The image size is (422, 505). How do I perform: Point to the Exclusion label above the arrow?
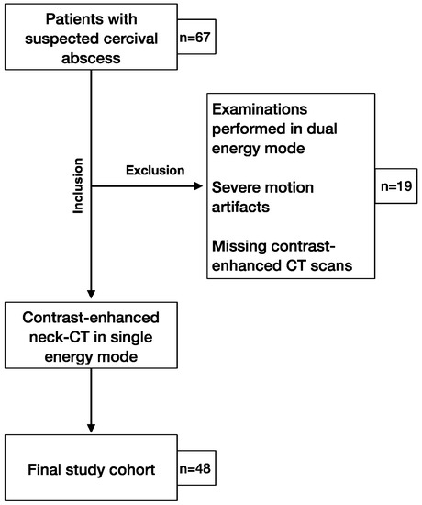pos(156,170)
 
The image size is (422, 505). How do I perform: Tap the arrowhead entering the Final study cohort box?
pos(92,430)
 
